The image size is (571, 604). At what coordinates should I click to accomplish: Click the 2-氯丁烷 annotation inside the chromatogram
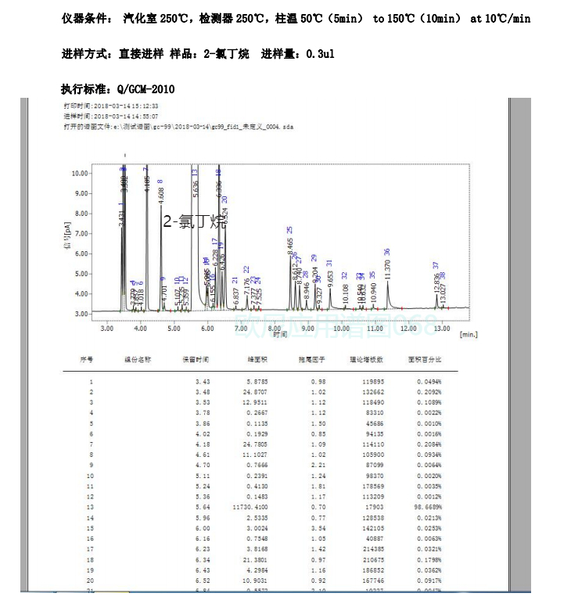click(194, 221)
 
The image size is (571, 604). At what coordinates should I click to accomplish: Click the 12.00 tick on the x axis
click(408, 329)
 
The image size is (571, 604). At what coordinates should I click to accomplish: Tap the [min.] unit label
click(469, 334)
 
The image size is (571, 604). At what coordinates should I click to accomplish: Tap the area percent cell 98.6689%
click(425, 506)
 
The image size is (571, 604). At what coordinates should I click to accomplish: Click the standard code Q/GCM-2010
click(145, 89)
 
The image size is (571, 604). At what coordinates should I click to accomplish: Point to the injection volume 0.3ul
click(321, 54)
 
